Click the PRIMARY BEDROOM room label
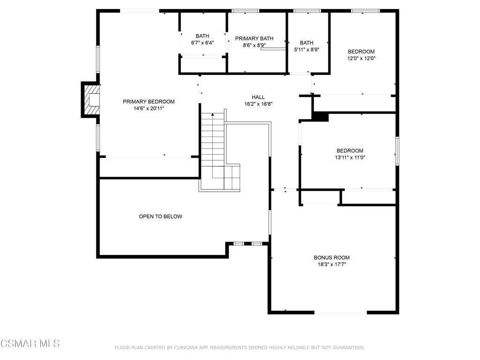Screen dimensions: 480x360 pos(149,102)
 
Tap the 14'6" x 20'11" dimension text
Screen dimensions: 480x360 pos(149,108)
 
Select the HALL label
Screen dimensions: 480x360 pos(258,97)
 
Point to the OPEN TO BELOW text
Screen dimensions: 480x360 pos(160,217)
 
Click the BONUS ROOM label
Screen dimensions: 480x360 pos(331,258)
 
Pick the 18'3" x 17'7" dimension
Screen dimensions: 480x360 pos(331,264)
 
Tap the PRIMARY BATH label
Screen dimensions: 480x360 pos(254,38)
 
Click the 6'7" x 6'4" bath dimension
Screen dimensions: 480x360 pos(202,43)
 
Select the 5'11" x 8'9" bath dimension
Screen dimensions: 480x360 pos(307,50)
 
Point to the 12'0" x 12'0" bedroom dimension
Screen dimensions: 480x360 pos(361,59)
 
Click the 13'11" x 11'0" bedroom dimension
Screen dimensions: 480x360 pos(350,157)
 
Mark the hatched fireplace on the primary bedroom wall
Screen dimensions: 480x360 pos(91,99)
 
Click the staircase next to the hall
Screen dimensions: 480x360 pos(219,151)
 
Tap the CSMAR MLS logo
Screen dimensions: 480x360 pos(30,344)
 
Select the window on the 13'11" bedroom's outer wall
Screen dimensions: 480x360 pos(397,151)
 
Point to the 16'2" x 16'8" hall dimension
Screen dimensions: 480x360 pos(258,104)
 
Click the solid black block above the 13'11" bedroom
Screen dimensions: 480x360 pos(320,117)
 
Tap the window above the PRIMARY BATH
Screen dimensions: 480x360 pos(246,11)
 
